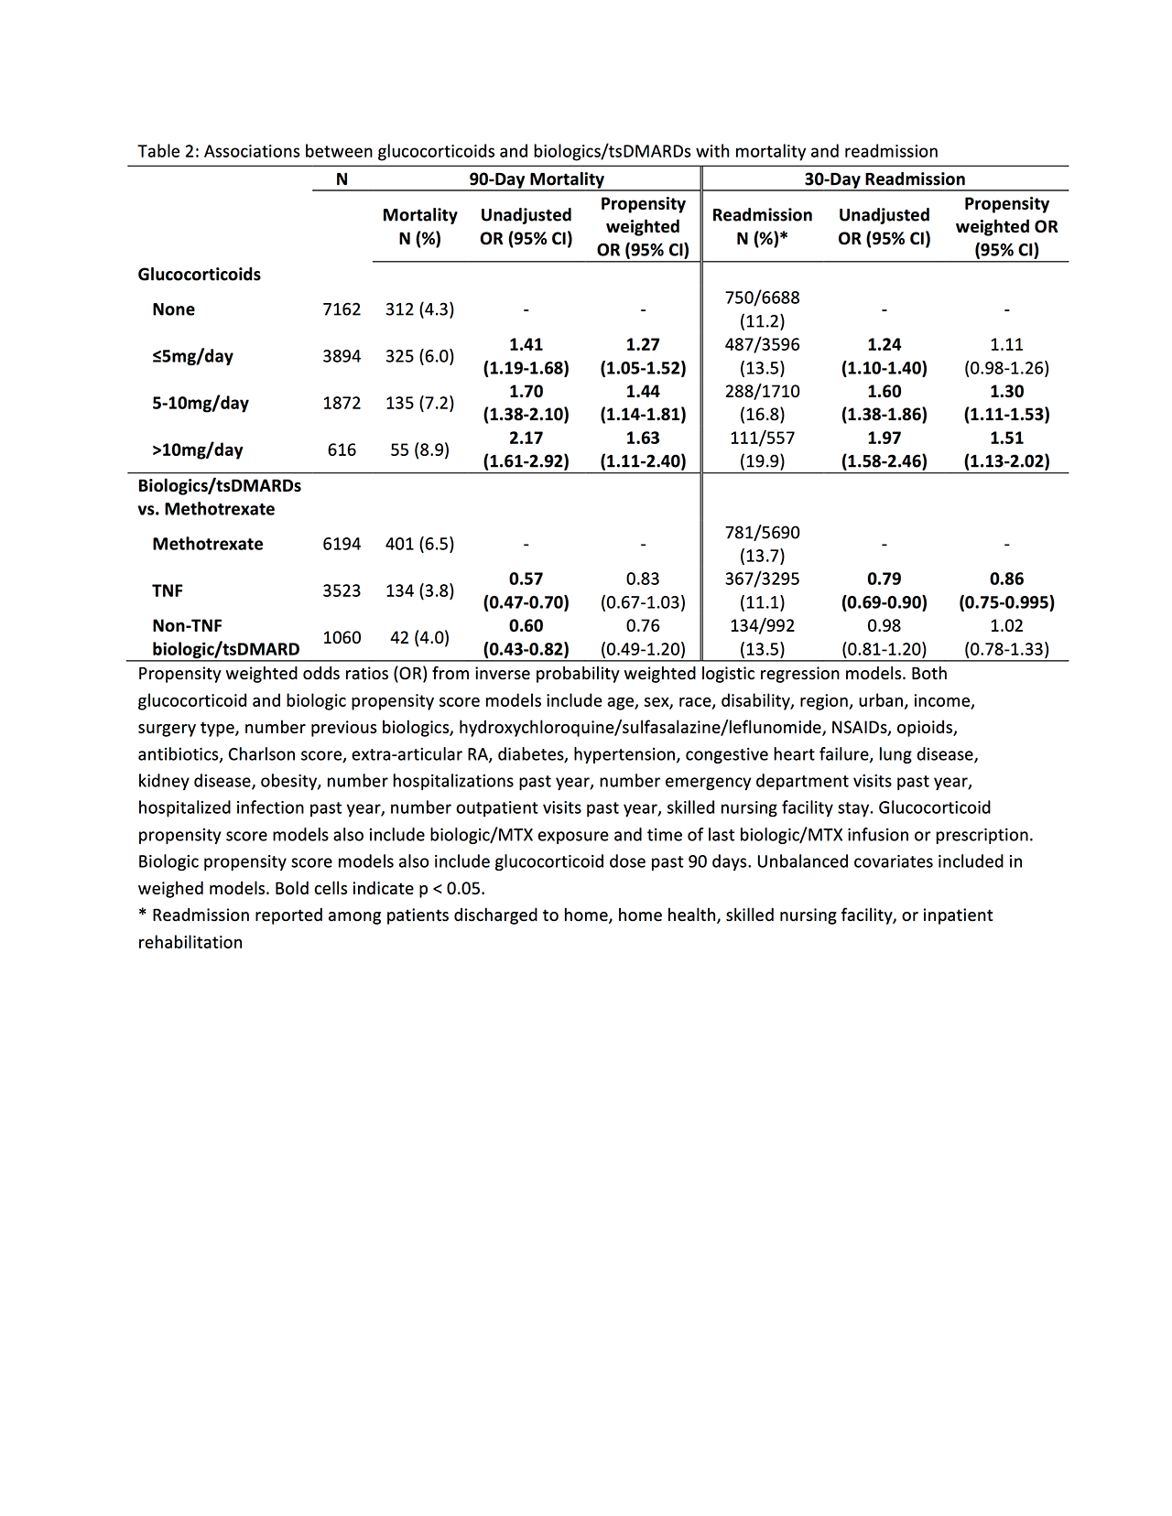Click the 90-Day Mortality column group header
pyautogui.click(x=536, y=179)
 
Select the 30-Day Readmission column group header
pyautogui.click(x=884, y=179)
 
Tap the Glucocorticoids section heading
pyautogui.click(x=199, y=275)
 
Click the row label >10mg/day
pyautogui.click(x=198, y=449)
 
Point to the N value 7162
pyautogui.click(x=342, y=309)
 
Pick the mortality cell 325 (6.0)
pyautogui.click(x=419, y=356)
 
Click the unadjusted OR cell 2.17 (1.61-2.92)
pyautogui.click(x=526, y=449)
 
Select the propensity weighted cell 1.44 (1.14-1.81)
pyautogui.click(x=643, y=403)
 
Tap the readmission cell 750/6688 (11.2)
pyautogui.click(x=762, y=309)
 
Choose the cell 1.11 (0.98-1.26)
pyautogui.click(x=1006, y=356)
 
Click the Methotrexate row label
pyautogui.click(x=208, y=544)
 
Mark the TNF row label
pyautogui.click(x=168, y=590)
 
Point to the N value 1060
pyautogui.click(x=342, y=637)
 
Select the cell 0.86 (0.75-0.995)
pyautogui.click(x=1006, y=590)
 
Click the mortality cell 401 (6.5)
pyautogui.click(x=419, y=544)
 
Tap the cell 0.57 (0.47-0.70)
pyautogui.click(x=526, y=590)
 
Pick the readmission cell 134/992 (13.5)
pyautogui.click(x=762, y=637)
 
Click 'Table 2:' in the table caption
pyautogui.click(x=168, y=152)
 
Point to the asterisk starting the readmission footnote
pyautogui.click(x=142, y=915)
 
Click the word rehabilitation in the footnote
pyautogui.click(x=190, y=942)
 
